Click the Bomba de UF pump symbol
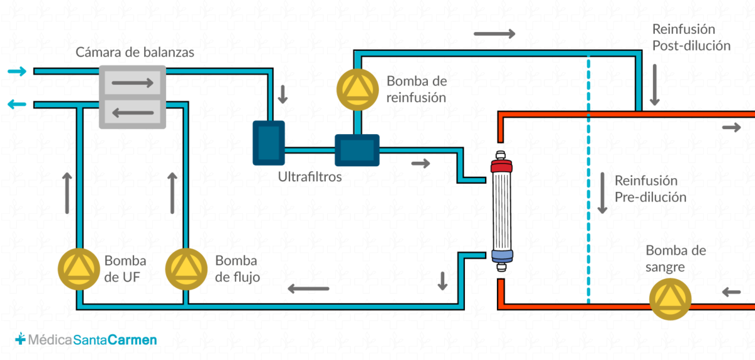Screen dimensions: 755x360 (x=79, y=269)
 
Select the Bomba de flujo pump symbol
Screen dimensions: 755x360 (x=186, y=269)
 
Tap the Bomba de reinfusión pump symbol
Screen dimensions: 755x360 (x=357, y=89)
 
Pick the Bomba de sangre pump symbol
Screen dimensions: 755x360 (x=671, y=299)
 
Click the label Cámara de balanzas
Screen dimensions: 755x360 (x=135, y=52)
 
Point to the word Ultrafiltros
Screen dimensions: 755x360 (x=310, y=177)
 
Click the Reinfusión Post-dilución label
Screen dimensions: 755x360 (x=691, y=37)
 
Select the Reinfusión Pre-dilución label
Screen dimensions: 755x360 (x=650, y=189)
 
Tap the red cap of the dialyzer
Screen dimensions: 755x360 (x=501, y=167)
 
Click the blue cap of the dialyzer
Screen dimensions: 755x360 (x=502, y=256)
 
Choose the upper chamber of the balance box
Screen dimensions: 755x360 (x=133, y=82)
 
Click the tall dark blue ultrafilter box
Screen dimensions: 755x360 (x=269, y=143)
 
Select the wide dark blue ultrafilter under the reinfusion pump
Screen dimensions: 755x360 (x=357, y=150)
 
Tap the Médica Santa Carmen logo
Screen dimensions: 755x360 (x=86, y=339)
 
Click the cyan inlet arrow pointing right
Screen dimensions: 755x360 (x=17, y=71)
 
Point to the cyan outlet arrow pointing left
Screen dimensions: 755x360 (x=17, y=104)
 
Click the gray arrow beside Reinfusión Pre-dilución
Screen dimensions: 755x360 (x=602, y=193)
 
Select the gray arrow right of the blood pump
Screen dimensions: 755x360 (x=731, y=292)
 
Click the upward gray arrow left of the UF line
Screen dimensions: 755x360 (x=67, y=193)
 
